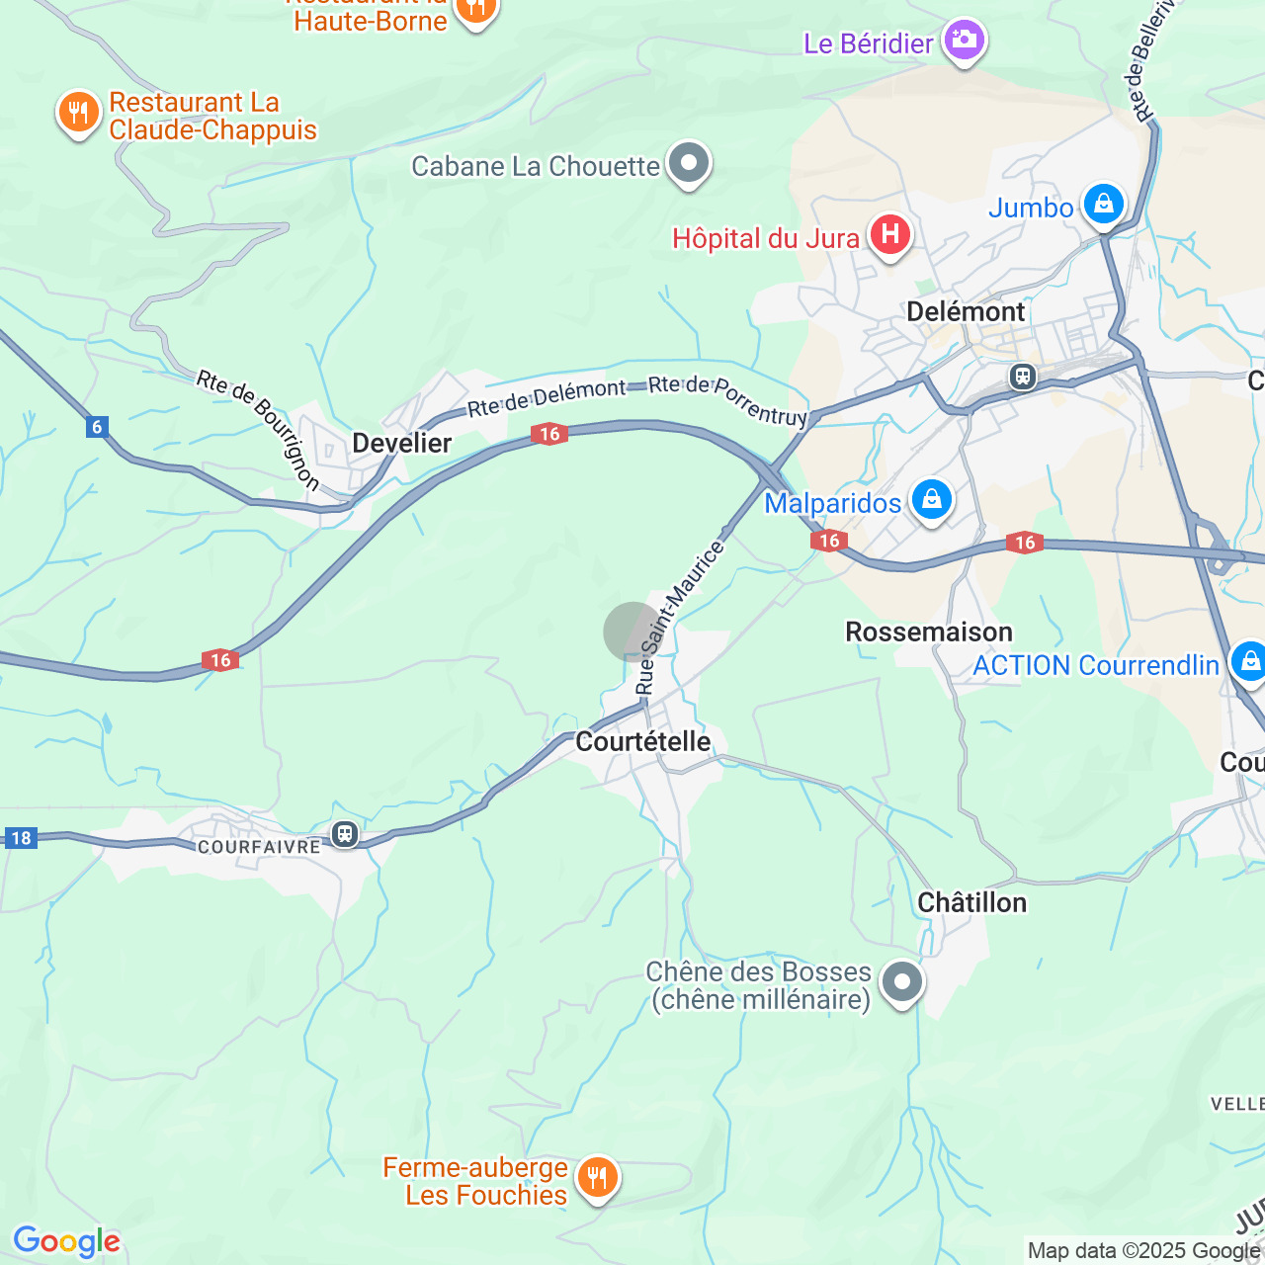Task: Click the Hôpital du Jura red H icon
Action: point(889,235)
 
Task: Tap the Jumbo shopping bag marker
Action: point(1103,205)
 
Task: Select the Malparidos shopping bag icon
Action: point(931,500)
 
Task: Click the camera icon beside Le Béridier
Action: point(964,41)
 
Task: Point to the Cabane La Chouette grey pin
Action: point(689,163)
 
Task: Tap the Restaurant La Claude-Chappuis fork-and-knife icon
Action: point(78,113)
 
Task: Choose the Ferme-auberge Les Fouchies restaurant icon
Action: point(597,1178)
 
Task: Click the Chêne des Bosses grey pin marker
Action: point(901,982)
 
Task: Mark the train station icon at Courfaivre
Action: point(344,835)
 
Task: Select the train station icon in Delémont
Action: point(1022,377)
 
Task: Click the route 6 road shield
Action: point(96,427)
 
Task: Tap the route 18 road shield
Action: point(21,838)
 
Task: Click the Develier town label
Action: point(402,443)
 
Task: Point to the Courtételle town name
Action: point(642,741)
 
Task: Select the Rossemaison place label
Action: point(929,632)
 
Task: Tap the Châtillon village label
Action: point(971,902)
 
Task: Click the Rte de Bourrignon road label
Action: point(259,429)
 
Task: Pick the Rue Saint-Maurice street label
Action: point(679,618)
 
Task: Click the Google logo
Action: point(67,1241)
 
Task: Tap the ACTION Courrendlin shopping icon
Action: point(1248,661)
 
